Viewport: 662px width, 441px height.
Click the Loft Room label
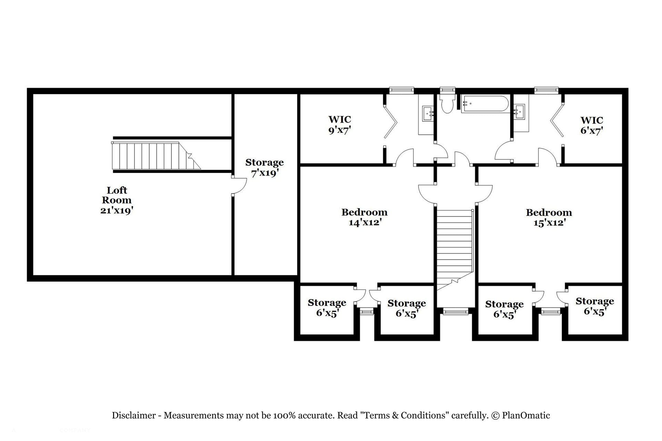pos(117,200)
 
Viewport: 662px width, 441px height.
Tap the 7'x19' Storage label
pos(264,167)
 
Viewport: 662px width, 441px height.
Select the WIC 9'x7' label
pos(340,125)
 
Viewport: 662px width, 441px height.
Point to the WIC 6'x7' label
pos(592,125)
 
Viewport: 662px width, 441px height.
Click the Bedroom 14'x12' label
pos(364,217)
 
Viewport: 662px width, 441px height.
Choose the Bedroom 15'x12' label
pos(549,217)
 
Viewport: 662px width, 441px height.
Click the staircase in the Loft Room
pos(156,156)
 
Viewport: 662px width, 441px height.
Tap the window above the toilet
pos(448,90)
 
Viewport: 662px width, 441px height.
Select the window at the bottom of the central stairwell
pos(455,312)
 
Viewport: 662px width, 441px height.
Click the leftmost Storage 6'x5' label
pos(327,308)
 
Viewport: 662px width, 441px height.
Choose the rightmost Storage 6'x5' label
pos(595,306)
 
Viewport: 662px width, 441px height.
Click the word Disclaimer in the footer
pos(134,416)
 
